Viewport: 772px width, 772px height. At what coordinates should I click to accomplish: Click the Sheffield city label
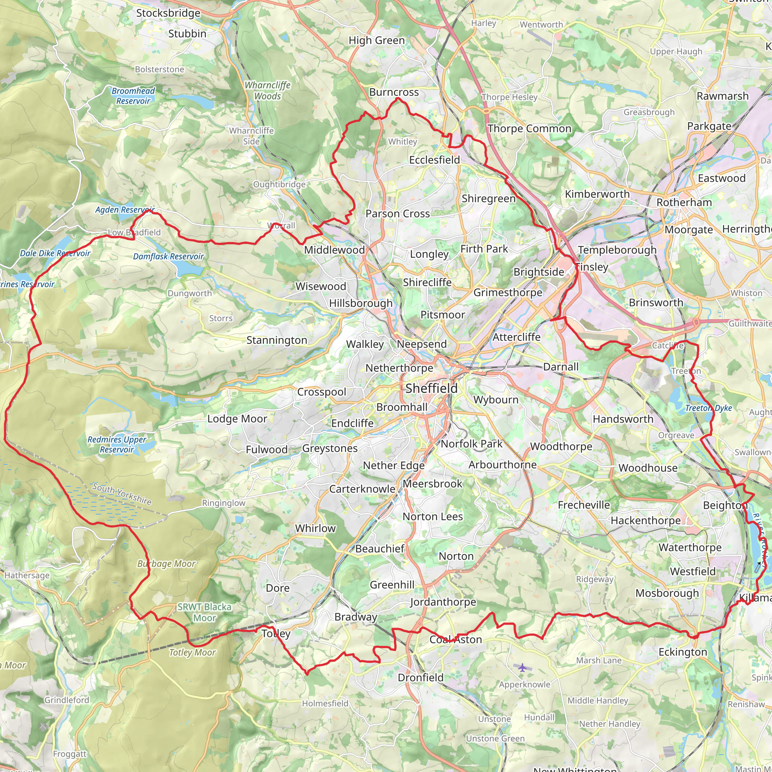[x=432, y=388]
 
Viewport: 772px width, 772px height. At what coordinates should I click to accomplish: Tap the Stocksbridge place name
[x=168, y=13]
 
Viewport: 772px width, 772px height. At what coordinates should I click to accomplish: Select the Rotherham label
[x=684, y=202]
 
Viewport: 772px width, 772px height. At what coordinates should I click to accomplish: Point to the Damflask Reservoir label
[x=168, y=257]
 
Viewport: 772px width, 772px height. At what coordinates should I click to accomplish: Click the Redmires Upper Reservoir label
[x=117, y=444]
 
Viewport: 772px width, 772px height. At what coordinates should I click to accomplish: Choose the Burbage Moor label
[x=166, y=564]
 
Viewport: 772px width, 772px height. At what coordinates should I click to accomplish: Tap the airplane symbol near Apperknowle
[x=522, y=667]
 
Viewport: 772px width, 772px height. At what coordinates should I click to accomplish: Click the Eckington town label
[x=683, y=652]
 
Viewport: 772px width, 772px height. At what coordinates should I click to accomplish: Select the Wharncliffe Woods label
[x=267, y=91]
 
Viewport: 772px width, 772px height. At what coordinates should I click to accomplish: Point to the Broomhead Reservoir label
[x=133, y=96]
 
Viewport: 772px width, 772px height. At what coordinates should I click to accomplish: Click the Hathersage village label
[x=27, y=575]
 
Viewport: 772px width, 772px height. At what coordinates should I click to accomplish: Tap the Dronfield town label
[x=420, y=678]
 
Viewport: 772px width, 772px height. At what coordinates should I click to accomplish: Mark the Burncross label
[x=394, y=92]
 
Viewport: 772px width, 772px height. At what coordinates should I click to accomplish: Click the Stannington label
[x=277, y=340]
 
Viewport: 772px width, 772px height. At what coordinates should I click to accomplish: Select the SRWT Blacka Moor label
[x=205, y=612]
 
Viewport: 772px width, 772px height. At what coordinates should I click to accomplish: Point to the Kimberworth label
[x=597, y=194]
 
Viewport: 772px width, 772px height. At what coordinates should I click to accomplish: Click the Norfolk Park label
[x=472, y=444]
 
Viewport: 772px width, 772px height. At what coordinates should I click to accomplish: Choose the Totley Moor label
[x=192, y=653]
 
